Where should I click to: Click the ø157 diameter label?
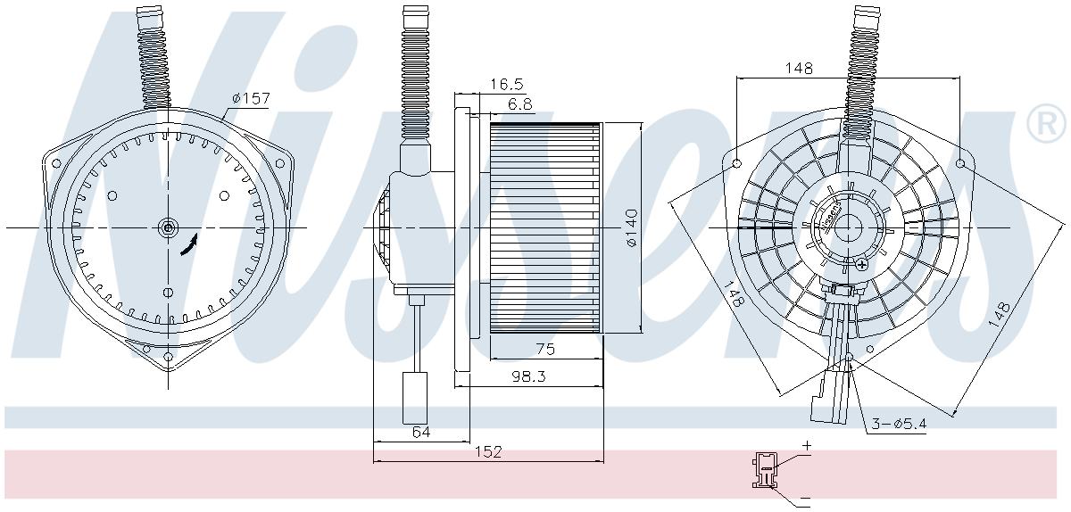251,98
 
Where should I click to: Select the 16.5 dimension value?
506,84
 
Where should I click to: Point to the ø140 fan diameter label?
631,228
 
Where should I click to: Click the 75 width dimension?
545,350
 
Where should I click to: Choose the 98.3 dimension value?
529,376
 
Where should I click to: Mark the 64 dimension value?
421,432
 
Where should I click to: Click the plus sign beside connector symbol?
806,444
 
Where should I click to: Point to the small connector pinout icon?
764,469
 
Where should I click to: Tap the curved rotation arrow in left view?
189,246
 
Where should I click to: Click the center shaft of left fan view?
168,227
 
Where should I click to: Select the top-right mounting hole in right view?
960,164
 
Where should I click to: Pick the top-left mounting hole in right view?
736,164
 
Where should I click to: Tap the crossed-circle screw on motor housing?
861,265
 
